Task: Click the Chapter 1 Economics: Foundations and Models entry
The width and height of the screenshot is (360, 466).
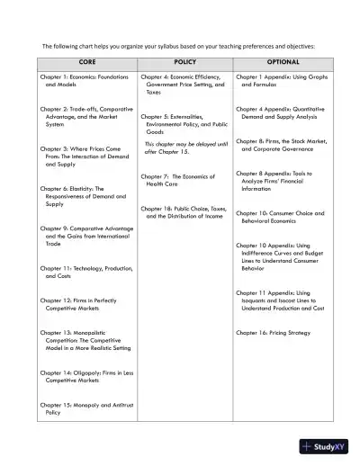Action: (85, 81)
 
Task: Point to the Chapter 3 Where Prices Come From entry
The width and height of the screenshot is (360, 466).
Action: (85, 157)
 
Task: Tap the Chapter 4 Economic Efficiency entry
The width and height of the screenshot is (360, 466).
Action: (182, 85)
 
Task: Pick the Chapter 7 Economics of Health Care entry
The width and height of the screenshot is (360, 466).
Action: (175, 180)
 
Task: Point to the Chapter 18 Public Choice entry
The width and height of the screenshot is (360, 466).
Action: (182, 211)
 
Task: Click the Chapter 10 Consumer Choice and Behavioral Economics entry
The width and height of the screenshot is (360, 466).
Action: (280, 217)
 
